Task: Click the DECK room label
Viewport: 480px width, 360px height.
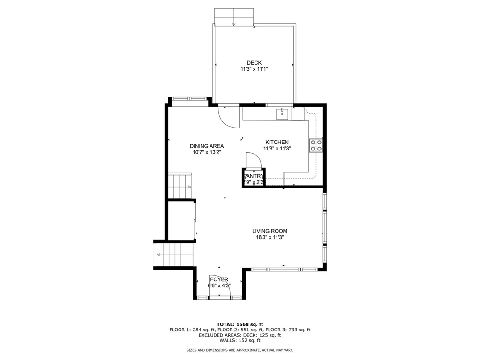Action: [254, 63]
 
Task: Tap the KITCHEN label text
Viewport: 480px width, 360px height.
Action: [277, 142]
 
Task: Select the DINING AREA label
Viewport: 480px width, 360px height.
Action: [207, 146]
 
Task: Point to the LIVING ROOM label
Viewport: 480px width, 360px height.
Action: [270, 231]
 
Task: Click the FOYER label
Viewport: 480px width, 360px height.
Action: [219, 279]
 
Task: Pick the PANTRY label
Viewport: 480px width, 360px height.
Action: [253, 176]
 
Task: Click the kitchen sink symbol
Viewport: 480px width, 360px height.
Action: [282, 114]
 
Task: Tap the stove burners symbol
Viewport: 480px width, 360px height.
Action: [316, 145]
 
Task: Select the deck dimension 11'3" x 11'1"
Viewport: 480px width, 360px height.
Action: [254, 69]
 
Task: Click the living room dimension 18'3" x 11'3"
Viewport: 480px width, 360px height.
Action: [270, 237]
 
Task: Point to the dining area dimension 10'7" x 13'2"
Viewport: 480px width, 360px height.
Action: [207, 152]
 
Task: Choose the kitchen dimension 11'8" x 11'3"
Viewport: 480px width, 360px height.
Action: [277, 149]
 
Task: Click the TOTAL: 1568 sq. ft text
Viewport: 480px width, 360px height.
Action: [240, 324]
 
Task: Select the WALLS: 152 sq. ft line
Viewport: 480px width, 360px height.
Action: [240, 340]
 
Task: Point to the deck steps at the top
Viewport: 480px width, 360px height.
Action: [234, 17]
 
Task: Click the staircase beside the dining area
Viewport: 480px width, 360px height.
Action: [180, 186]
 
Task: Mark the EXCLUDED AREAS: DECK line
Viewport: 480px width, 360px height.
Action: [240, 335]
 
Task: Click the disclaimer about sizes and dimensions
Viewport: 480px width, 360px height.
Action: [240, 350]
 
